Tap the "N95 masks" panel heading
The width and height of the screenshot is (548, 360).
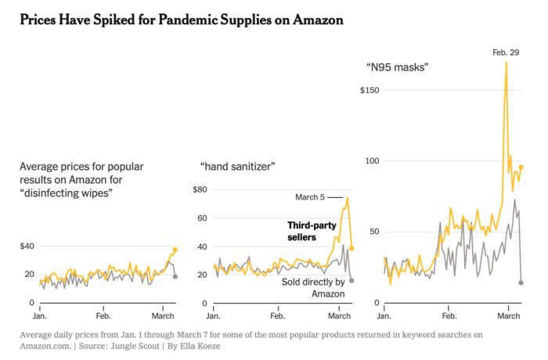tap(397, 68)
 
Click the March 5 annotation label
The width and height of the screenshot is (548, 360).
tap(310, 197)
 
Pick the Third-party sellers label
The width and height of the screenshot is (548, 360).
tap(312, 231)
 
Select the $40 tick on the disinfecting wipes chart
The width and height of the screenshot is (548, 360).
tap(27, 247)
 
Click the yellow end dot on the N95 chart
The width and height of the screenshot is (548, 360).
tap(521, 167)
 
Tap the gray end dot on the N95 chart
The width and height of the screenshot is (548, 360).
tap(521, 283)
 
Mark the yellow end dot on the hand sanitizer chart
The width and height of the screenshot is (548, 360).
tap(352, 248)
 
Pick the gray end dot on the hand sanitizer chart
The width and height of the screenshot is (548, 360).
tap(352, 280)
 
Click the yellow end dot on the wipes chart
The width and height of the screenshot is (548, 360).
tap(175, 250)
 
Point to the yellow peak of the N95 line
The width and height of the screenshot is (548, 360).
tap(507, 63)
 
